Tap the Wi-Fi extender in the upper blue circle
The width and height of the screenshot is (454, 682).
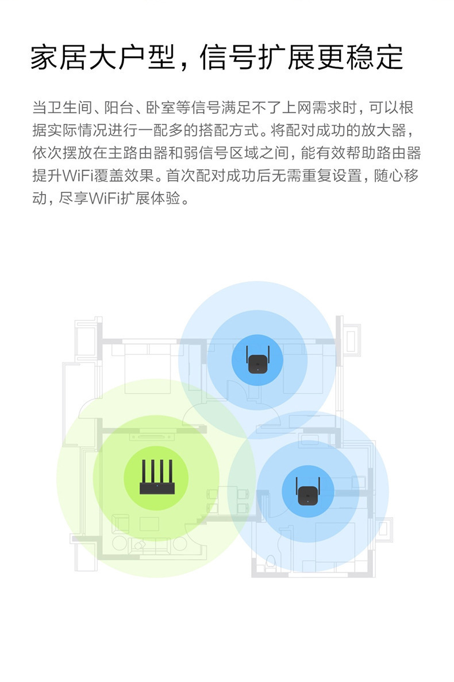257,361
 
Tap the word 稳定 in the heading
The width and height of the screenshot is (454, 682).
375,58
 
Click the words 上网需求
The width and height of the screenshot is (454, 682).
310,107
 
